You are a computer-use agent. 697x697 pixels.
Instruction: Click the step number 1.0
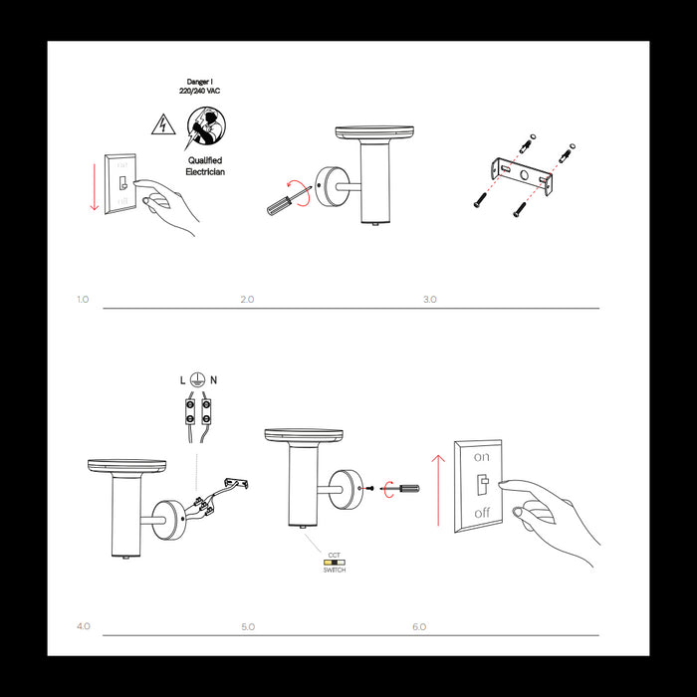pyautogui.click(x=83, y=299)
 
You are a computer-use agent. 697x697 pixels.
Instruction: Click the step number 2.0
pyautogui.click(x=248, y=299)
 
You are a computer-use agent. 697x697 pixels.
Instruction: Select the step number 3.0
pyautogui.click(x=429, y=299)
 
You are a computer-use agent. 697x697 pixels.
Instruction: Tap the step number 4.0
pyautogui.click(x=83, y=626)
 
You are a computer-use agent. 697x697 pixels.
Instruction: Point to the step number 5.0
pyautogui.click(x=248, y=626)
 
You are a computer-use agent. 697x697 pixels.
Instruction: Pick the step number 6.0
pyautogui.click(x=419, y=626)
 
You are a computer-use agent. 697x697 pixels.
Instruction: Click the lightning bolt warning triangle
pyautogui.click(x=159, y=124)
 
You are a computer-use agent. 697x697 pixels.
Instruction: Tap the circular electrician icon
pyautogui.click(x=204, y=126)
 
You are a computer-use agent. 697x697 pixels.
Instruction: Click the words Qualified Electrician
pyautogui.click(x=204, y=166)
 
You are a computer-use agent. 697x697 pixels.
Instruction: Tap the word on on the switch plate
pyautogui.click(x=482, y=457)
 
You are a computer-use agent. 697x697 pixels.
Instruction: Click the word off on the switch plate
pyautogui.click(x=482, y=512)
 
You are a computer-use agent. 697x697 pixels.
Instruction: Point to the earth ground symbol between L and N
pyautogui.click(x=198, y=380)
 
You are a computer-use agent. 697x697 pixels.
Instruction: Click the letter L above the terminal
pyautogui.click(x=182, y=380)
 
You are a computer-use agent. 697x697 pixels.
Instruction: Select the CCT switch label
pyautogui.click(x=334, y=563)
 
